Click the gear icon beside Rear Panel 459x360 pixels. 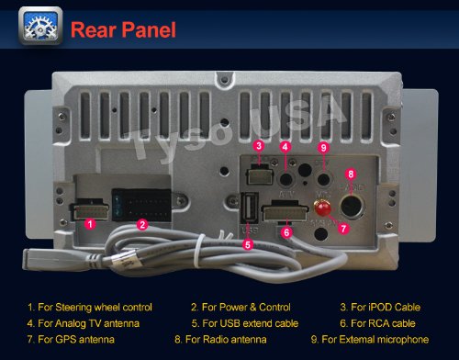[x=40, y=26]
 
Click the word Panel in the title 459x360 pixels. [x=150, y=30]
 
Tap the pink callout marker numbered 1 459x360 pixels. [x=90, y=224]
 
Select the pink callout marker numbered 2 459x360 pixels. [x=142, y=225]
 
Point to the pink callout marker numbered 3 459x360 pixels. [x=259, y=145]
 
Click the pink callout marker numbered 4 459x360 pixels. [x=285, y=147]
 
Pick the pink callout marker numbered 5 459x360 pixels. [x=248, y=244]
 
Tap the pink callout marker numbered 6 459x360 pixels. [x=286, y=232]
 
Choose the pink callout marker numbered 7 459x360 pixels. [x=343, y=229]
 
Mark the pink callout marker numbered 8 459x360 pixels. [x=351, y=174]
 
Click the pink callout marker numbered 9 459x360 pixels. [x=323, y=148]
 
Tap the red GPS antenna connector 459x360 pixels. [x=323, y=208]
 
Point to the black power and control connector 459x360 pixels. [x=141, y=205]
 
